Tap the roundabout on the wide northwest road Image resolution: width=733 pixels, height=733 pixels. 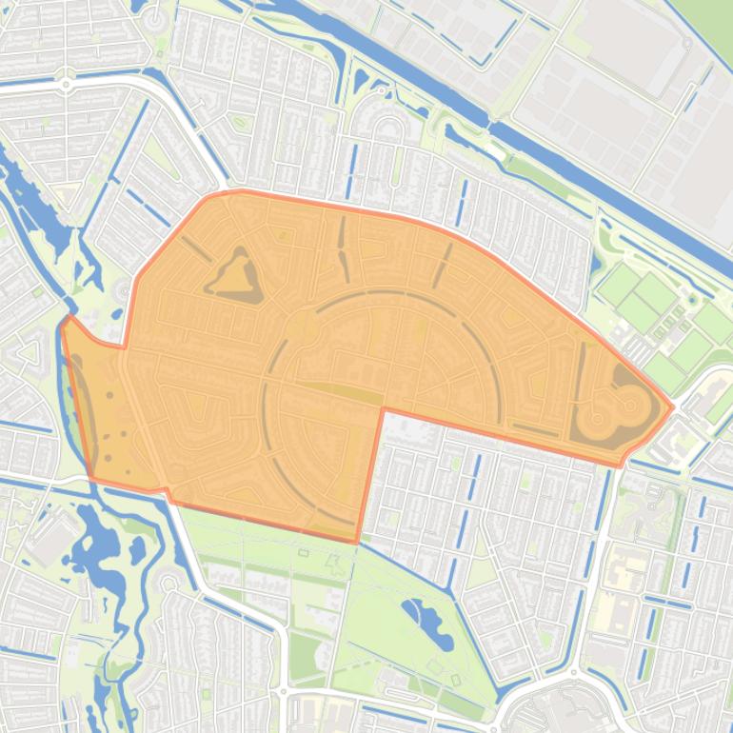pos(66,85)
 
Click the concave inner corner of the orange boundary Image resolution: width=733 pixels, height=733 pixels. pos(383,410)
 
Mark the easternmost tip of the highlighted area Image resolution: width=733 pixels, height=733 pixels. pos(673,407)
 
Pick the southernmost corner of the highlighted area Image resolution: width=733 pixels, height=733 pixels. pos(357,543)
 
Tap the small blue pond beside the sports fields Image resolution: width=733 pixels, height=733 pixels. pos(597,262)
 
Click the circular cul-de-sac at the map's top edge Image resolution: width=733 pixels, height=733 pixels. pos(155,16)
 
